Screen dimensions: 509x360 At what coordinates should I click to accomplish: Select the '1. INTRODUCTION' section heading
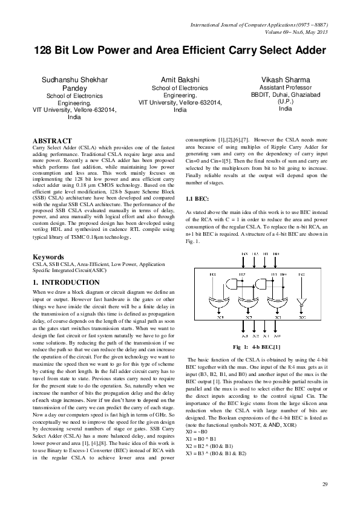(x=66, y=282)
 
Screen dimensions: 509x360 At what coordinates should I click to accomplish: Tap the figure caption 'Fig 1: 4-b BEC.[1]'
(x=257, y=347)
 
